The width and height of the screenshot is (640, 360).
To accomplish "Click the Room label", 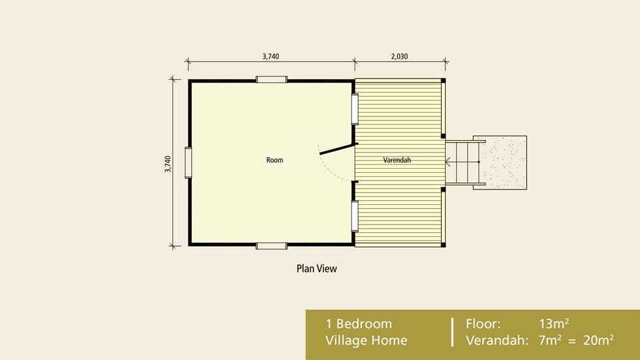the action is [275, 160].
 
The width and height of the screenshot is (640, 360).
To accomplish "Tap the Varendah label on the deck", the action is [397, 160].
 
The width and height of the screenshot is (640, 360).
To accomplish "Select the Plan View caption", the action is [317, 268].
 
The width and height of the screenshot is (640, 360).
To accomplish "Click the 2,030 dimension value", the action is [399, 56].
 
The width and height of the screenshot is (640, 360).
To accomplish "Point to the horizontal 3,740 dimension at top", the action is [271, 56].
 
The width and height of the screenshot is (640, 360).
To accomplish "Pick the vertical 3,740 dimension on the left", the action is [168, 164].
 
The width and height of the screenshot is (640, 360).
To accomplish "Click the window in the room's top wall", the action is [272, 80].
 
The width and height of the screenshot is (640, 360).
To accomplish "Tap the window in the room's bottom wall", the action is [272, 245].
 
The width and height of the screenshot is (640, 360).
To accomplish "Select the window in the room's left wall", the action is [188, 163].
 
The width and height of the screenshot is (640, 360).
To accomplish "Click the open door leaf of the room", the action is [336, 149].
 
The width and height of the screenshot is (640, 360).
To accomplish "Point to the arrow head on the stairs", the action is [448, 162].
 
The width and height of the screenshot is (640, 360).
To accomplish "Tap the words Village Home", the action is [366, 340].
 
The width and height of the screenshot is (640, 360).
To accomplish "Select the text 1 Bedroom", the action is [359, 324].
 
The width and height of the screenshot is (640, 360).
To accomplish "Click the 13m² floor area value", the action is [554, 323].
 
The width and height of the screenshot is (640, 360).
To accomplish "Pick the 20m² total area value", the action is [598, 340].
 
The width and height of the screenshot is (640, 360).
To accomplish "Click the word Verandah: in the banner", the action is [497, 340].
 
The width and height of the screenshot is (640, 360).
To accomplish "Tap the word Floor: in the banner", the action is [483, 324].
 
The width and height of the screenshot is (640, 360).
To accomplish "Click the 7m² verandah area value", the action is [550, 340].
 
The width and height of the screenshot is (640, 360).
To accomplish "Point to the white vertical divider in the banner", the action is [452, 332].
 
